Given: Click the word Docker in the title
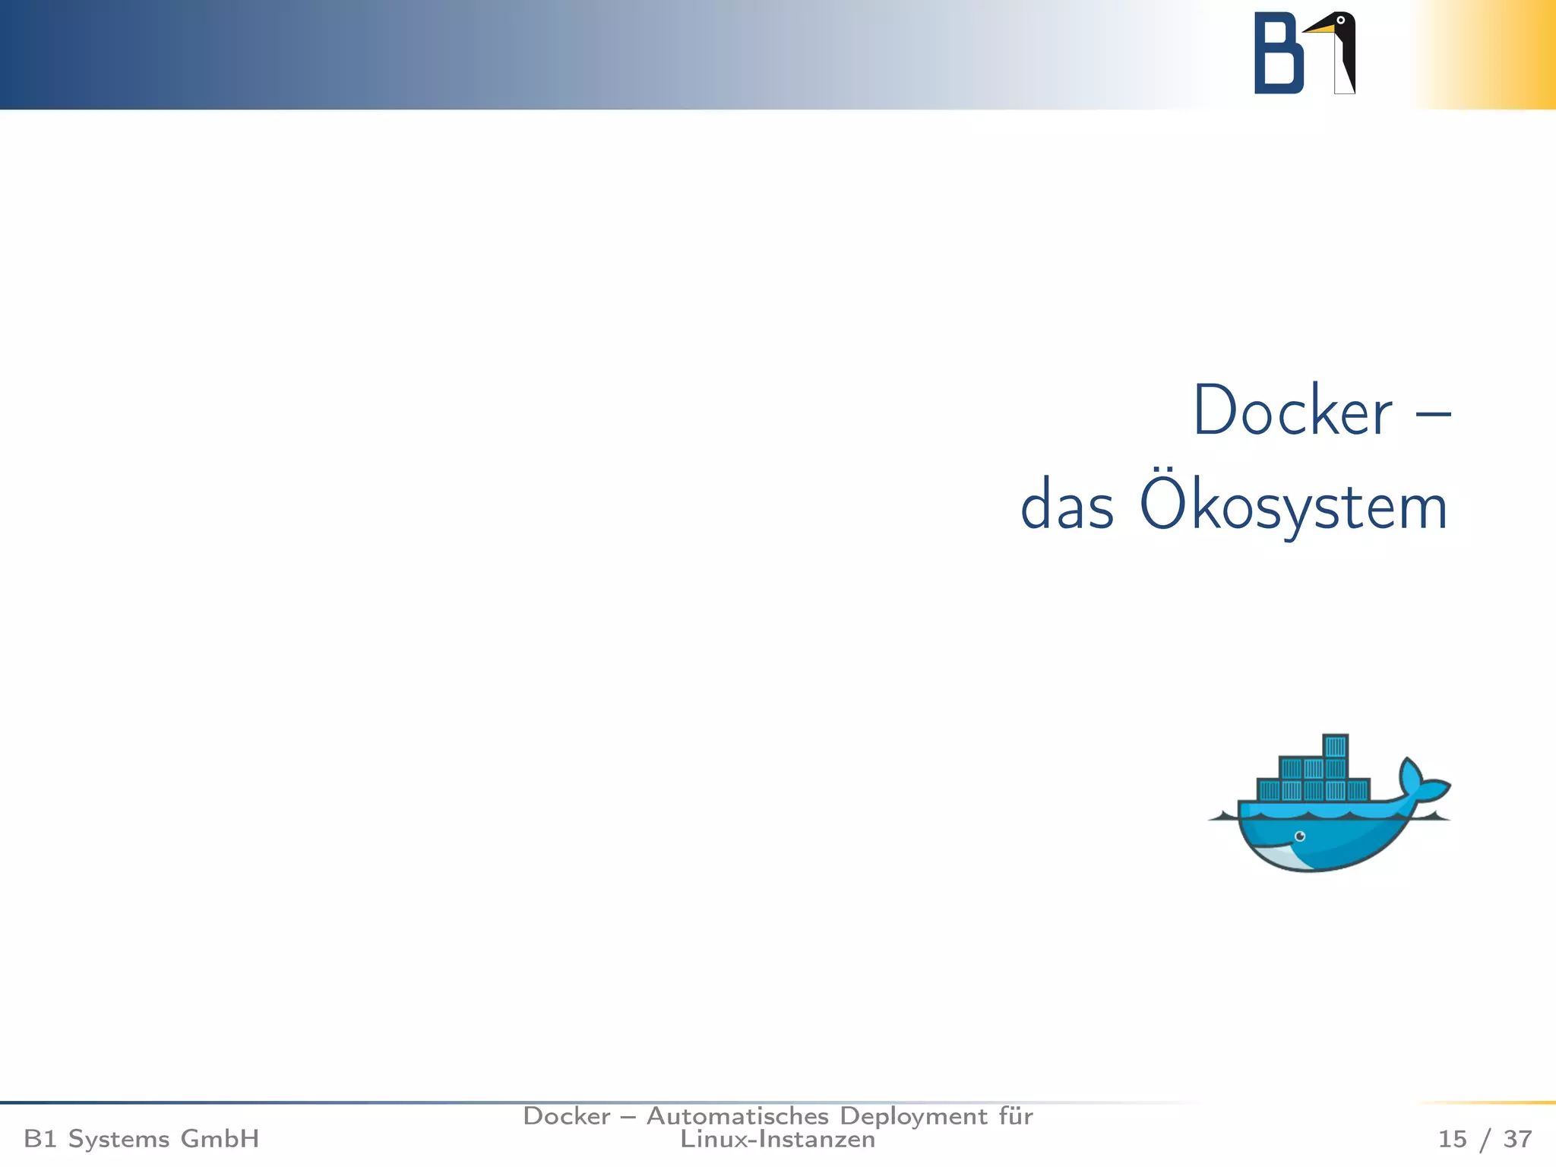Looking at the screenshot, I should tap(1292, 411).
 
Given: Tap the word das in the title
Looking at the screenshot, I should tap(1067, 508).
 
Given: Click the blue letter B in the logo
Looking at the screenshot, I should tap(1278, 54).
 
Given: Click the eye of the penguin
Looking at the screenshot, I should tap(1341, 20).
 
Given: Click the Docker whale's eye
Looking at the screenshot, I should tap(1300, 837).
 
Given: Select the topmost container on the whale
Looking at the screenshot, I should tap(1335, 745).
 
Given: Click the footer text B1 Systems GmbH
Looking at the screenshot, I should tap(141, 1139).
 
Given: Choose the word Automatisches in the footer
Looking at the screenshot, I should tap(737, 1116).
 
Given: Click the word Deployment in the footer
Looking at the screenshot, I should tap(913, 1117).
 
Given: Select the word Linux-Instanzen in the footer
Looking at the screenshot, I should tap(777, 1140).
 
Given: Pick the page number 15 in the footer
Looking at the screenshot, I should tap(1452, 1139).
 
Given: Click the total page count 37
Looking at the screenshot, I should tap(1517, 1139).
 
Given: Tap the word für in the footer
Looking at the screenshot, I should tap(1016, 1116).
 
